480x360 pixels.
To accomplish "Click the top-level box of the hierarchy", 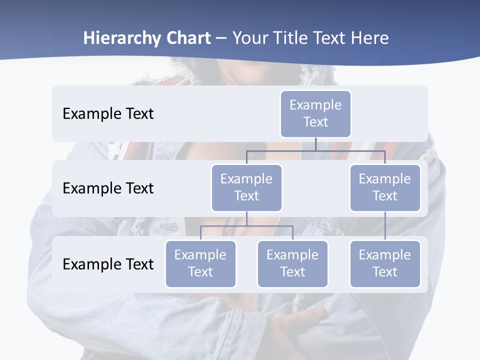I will click(315, 113).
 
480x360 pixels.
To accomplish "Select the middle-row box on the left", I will click(246, 187).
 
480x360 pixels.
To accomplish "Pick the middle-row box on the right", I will click(385, 187).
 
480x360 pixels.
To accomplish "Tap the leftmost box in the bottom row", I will click(200, 263).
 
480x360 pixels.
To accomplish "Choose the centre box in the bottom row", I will click(292, 263).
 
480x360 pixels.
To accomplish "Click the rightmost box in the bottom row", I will click(385, 263).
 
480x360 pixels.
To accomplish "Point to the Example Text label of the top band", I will click(108, 114).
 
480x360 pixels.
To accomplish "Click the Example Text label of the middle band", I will click(108, 188).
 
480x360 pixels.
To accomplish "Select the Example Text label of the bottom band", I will click(108, 264).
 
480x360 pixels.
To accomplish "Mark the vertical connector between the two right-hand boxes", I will click(385, 226).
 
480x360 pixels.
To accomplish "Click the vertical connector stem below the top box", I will click(315, 144).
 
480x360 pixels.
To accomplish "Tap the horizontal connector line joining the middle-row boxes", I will click(315, 150).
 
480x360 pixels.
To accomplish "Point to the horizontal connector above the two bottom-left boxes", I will click(246, 226).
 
